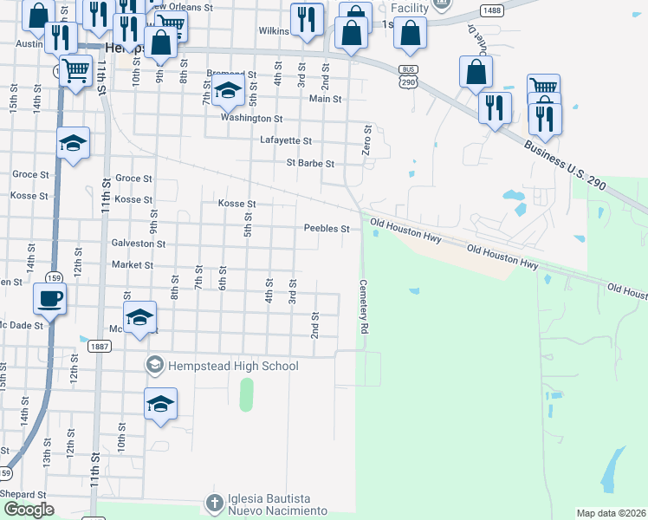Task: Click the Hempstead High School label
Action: point(231,366)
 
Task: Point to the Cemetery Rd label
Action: point(364,307)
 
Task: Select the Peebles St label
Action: point(326,229)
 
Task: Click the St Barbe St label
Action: point(310,163)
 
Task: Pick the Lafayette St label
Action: point(285,140)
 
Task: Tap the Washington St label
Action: point(251,118)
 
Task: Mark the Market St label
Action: point(132,265)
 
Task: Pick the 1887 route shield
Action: point(98,347)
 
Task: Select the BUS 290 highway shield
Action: point(406,75)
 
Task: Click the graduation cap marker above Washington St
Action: point(228,90)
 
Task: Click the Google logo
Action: point(29,510)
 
